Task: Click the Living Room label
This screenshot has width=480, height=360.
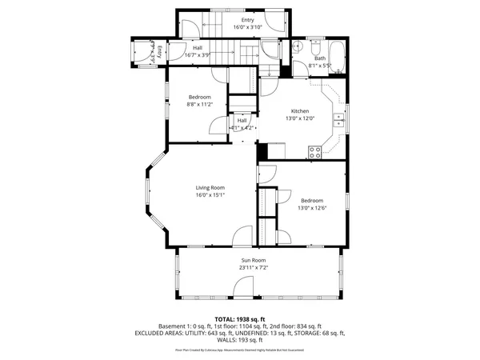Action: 209,187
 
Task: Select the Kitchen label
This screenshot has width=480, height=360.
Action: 299,111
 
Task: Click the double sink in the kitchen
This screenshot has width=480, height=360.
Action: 338,121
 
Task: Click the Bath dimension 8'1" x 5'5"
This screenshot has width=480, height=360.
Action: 321,66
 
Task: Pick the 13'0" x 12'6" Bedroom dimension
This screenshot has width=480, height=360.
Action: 312,208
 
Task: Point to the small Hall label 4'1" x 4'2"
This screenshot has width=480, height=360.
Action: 242,127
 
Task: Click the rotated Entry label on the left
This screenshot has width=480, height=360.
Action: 158,52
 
